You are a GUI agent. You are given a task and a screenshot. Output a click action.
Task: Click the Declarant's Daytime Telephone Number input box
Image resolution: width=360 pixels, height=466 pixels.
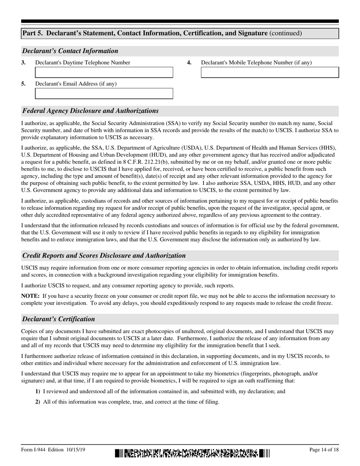(x=104, y=72)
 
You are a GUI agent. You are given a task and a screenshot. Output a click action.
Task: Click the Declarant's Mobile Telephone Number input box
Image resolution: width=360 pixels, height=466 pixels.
(x=269, y=72)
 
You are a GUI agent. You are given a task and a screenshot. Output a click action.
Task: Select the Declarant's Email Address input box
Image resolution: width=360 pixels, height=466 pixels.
(x=104, y=94)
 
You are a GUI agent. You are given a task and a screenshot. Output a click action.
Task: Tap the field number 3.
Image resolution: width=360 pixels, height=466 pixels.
(x=23, y=63)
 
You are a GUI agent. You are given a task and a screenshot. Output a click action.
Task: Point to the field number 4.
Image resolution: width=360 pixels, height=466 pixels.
(x=189, y=63)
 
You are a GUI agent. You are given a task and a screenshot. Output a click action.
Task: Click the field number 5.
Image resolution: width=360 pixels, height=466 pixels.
(x=23, y=84)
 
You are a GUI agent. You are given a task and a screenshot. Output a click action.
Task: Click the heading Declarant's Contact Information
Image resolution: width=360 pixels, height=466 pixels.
(x=70, y=51)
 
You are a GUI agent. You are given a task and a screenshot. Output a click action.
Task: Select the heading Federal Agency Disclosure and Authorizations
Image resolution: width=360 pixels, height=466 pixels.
(x=90, y=111)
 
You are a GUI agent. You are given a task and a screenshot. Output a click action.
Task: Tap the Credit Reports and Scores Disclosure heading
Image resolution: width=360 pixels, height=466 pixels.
(x=104, y=255)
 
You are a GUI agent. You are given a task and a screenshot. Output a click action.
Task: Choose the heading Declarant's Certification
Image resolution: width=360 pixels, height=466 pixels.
(x=58, y=319)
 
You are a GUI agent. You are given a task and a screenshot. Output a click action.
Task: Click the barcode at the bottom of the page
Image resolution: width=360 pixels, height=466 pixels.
(x=192, y=453)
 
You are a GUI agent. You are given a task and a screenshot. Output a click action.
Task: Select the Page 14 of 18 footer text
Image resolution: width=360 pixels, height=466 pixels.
(x=324, y=450)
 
